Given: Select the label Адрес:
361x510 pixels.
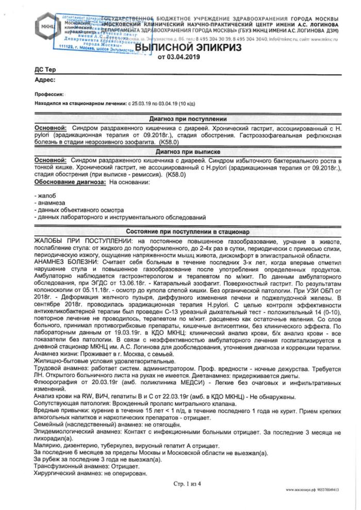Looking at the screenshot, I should pyautogui.click(x=45, y=80).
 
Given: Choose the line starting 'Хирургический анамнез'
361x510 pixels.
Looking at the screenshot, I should pyautogui.click(x=90, y=472).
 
